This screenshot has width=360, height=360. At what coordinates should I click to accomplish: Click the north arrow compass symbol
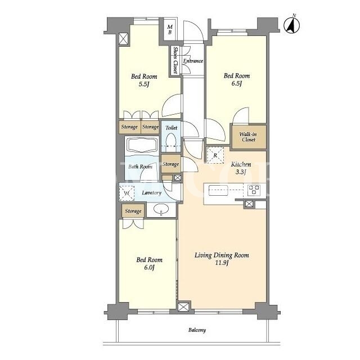[x=291, y=25]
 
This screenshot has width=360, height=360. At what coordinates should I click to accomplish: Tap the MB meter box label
[x=170, y=30]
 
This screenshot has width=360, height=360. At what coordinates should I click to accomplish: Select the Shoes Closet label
[x=175, y=60]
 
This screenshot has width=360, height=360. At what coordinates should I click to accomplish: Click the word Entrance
[x=193, y=61]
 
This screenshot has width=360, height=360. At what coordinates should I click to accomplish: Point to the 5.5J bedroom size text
[x=144, y=84]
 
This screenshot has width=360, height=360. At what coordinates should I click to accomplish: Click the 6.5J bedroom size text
[x=237, y=83]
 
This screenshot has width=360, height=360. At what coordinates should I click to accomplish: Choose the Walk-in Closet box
[x=249, y=137]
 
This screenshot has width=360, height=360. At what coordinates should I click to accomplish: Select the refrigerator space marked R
[x=215, y=155]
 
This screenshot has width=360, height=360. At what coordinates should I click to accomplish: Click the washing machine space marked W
[x=127, y=193]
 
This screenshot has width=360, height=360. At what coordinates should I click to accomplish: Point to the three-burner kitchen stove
[x=254, y=190]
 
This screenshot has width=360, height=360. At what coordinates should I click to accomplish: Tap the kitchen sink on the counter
[x=218, y=191]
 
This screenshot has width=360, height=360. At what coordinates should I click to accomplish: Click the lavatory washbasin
[x=161, y=210]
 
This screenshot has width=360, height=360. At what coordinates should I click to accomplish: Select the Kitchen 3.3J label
[x=241, y=168]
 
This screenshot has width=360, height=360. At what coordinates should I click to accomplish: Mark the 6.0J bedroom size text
[x=149, y=268]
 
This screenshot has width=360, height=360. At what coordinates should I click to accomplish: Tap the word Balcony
[x=197, y=330]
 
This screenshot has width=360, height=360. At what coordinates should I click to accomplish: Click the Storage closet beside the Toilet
[x=170, y=164]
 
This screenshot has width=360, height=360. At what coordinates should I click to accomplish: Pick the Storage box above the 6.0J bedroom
[x=133, y=211]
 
